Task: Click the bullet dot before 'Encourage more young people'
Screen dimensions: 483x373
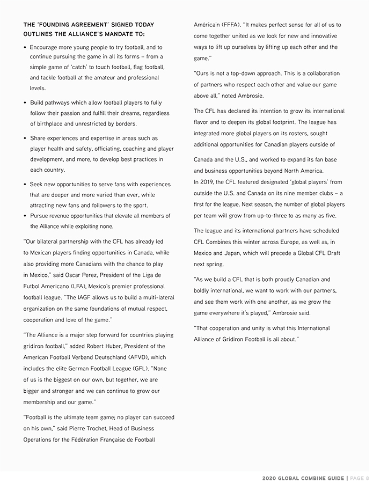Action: point(26,48)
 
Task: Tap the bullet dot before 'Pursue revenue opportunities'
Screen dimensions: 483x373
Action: point(26,216)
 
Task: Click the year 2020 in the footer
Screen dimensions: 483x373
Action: point(270,478)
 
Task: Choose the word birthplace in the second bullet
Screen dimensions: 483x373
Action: point(45,123)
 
